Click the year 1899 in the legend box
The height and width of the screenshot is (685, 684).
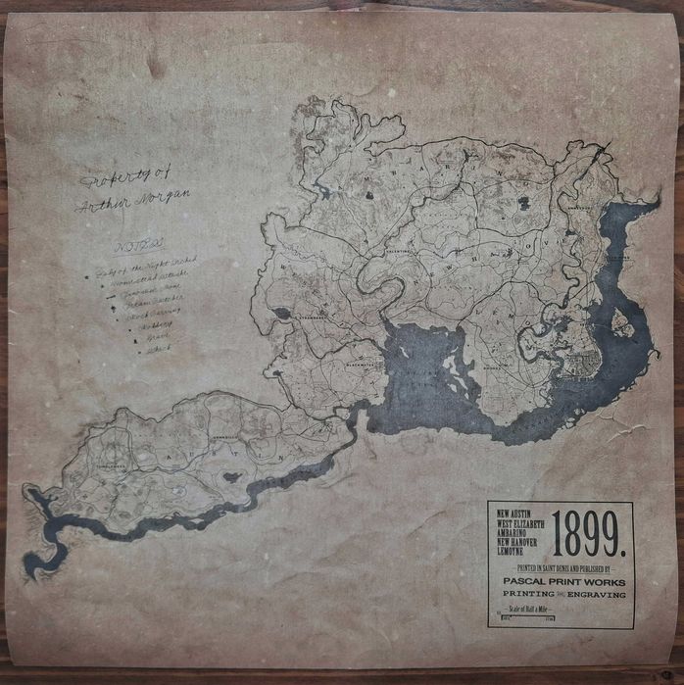click(x=588, y=533)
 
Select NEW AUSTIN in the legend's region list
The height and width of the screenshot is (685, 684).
click(x=517, y=513)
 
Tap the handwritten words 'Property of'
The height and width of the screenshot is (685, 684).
click(x=110, y=179)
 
